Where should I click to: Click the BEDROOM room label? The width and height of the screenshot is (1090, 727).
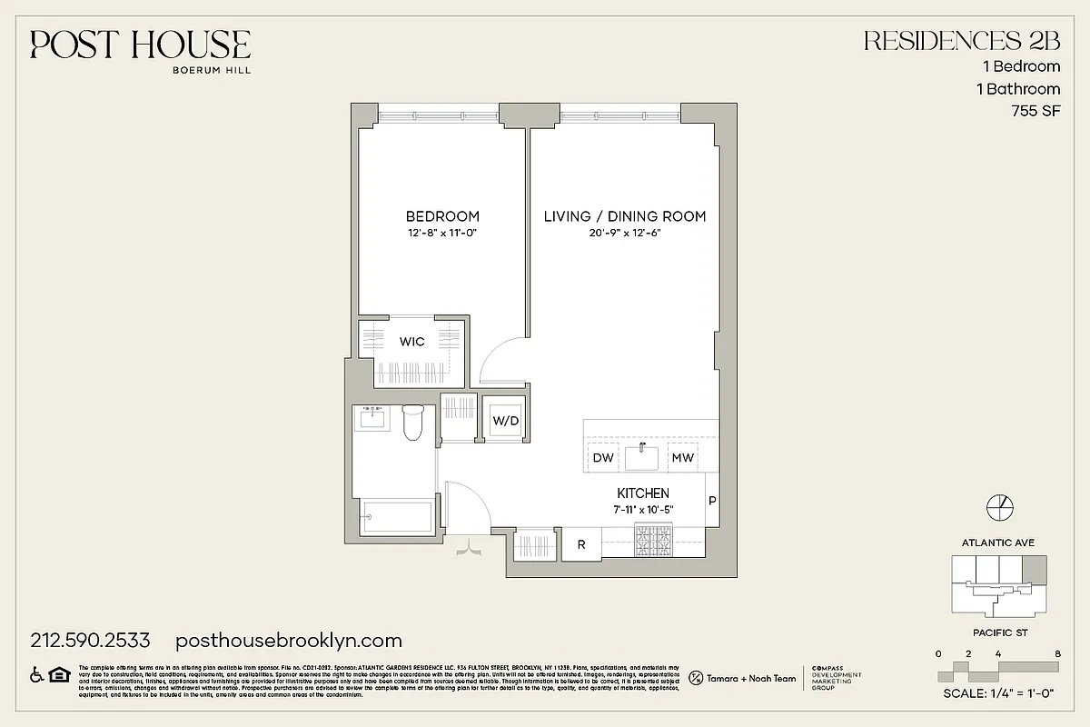[x=442, y=216]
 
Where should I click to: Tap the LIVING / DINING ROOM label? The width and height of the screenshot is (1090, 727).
[x=625, y=216]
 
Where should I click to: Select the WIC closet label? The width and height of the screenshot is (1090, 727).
[x=412, y=342]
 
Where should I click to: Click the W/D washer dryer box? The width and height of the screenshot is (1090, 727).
[x=505, y=421]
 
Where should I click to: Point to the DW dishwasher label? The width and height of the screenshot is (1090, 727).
[x=603, y=458]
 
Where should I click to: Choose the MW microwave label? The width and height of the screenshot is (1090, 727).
[x=682, y=458]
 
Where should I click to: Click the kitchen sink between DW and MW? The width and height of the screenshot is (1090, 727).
[x=642, y=456]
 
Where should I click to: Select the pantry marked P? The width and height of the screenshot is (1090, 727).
[x=712, y=501]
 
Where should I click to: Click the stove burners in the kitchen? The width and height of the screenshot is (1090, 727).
[x=654, y=543]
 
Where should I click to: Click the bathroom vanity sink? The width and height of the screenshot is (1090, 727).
[x=371, y=419]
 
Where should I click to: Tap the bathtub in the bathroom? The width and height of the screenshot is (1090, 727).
[x=397, y=519]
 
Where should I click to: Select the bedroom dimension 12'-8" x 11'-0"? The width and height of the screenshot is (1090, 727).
[x=442, y=233]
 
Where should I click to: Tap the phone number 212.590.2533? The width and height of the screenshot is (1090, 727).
[x=90, y=640]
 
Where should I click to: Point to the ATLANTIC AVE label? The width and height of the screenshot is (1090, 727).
[x=997, y=543]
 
